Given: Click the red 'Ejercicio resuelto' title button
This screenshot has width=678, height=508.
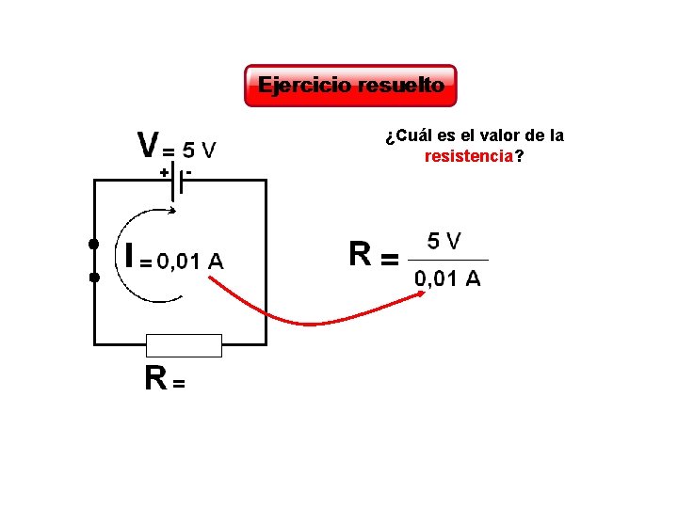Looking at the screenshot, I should coord(350,86).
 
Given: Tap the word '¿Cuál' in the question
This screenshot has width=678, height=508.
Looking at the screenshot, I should coord(403,135).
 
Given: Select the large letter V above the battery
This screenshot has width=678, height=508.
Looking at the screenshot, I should coord(148,146).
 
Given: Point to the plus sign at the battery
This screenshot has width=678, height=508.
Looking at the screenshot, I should coord(163,173).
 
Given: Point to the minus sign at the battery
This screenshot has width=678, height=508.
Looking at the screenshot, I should coord(189,172).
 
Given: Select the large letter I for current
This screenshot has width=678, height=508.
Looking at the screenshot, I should coord(129,256).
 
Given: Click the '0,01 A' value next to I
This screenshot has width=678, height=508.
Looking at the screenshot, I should coord(189,262).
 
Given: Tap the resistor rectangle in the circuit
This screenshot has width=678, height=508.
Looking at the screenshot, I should coord(184,345).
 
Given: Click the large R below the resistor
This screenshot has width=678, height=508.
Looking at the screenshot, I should coord(155,378).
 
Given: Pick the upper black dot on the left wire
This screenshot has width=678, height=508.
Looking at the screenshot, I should coord(93,245).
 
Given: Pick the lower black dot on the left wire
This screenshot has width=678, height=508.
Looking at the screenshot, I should coord(93,278).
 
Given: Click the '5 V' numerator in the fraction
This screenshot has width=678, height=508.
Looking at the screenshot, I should coord(444,242).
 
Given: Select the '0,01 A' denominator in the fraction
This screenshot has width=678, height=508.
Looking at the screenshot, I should coord(447,278).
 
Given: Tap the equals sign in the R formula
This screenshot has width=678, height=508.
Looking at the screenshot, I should coord(388,258).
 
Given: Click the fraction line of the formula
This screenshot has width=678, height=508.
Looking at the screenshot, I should coord(448,260).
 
